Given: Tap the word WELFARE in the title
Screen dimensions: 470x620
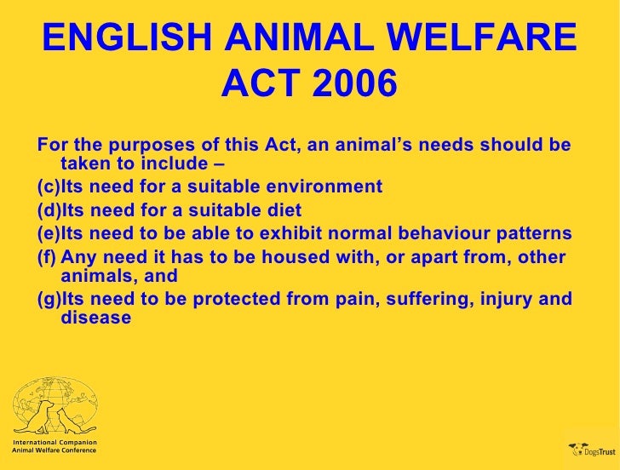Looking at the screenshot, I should coord(496,39).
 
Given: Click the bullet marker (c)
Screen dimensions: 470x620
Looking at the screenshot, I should coord(49,187).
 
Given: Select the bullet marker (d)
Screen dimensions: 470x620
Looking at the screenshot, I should coord(49,210).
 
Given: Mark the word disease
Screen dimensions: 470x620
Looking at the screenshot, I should coord(96,318).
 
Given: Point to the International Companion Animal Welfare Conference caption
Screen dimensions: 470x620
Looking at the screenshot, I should coord(54,447).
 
